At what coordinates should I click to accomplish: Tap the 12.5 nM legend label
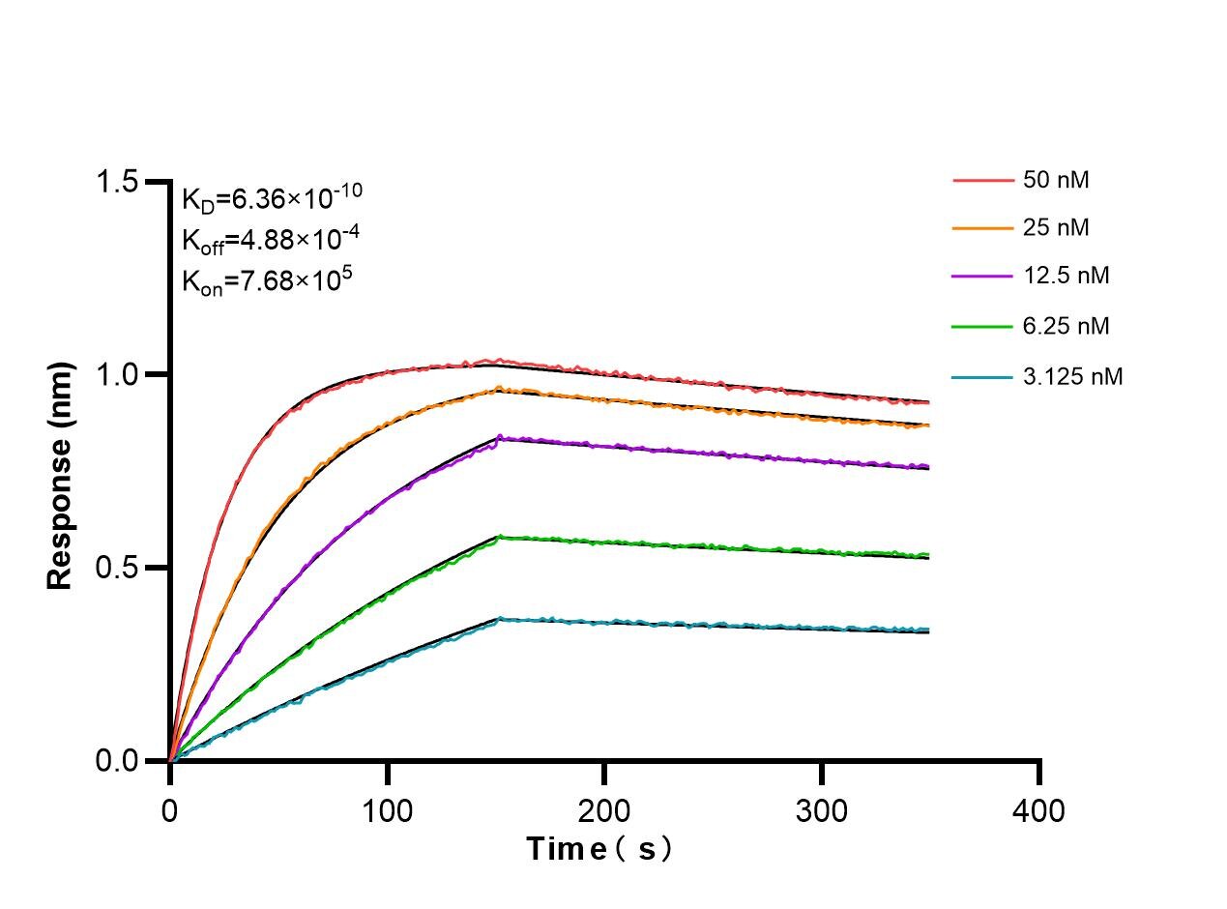(1066, 277)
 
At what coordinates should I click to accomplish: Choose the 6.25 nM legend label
(1066, 327)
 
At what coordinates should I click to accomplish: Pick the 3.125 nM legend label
(1072, 377)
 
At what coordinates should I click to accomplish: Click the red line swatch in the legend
(981, 180)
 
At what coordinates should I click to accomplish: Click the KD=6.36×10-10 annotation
(272, 198)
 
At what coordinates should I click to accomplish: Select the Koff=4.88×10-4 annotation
(258, 240)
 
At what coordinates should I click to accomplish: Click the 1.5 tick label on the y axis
(118, 182)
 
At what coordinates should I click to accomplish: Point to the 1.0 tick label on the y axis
(118, 375)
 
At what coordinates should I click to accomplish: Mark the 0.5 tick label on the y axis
(118, 568)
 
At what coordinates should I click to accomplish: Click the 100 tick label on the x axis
(387, 808)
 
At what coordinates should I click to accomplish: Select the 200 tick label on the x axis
(604, 808)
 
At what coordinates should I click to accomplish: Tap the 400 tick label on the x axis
(1038, 808)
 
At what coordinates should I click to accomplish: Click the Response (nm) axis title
(60, 475)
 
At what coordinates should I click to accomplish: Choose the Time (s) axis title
(599, 849)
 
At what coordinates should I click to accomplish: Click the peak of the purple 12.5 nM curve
(500, 437)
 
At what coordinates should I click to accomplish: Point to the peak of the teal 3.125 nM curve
(500, 618)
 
